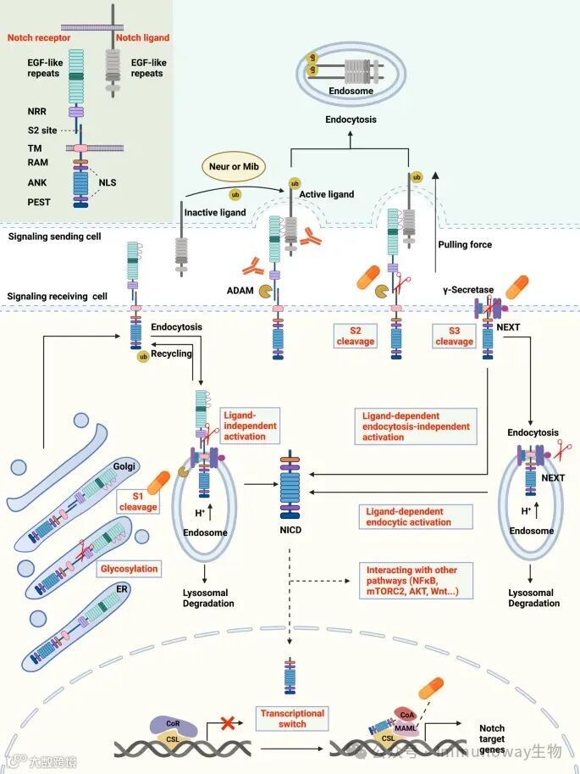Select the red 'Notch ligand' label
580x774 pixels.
(x=142, y=38)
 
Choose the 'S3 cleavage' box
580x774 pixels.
(x=454, y=336)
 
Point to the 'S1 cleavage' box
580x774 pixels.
(x=138, y=501)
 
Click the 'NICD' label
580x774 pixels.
(x=290, y=532)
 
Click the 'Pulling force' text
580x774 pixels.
(x=465, y=244)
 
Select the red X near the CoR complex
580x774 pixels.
(x=226, y=723)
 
